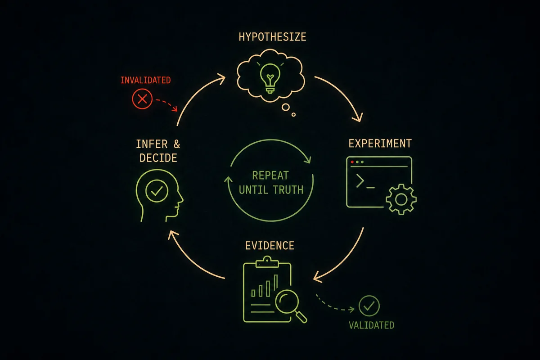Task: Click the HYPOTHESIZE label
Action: [x=272, y=37]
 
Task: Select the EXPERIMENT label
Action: [x=380, y=143]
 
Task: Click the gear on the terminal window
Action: [x=401, y=199]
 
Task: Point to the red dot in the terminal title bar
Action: [x=352, y=162]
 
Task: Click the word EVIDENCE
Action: [x=270, y=246]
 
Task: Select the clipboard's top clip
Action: [x=267, y=262]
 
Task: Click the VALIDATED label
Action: [x=372, y=325]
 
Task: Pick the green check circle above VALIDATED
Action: [x=369, y=306]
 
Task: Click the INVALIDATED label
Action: [x=146, y=80]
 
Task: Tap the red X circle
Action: [x=142, y=99]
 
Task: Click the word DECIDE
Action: [x=158, y=158]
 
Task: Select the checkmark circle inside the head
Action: [x=157, y=191]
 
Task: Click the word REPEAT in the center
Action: [x=270, y=175]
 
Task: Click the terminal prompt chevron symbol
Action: [x=360, y=181]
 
